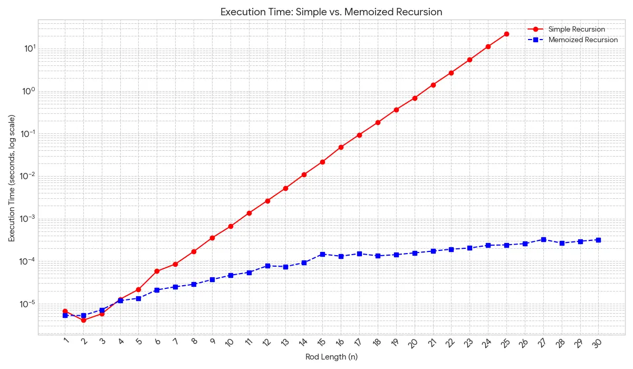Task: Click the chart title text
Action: click(x=316, y=12)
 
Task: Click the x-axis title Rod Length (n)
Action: click(x=331, y=357)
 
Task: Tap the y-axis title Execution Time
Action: click(x=12, y=178)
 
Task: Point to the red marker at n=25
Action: click(x=506, y=34)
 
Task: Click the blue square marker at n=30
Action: click(x=598, y=240)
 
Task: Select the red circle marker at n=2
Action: click(x=83, y=320)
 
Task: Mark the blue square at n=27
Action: click(x=543, y=239)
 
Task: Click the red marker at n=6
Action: click(x=157, y=271)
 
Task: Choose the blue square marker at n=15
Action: click(x=322, y=254)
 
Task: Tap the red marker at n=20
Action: click(x=415, y=98)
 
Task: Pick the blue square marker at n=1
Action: click(x=65, y=315)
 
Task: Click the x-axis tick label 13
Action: click(x=285, y=342)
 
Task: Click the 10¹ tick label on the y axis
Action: click(x=28, y=48)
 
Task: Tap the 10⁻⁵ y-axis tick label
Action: click(x=27, y=304)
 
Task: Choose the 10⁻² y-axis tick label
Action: click(x=27, y=176)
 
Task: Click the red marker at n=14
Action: click(x=304, y=174)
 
